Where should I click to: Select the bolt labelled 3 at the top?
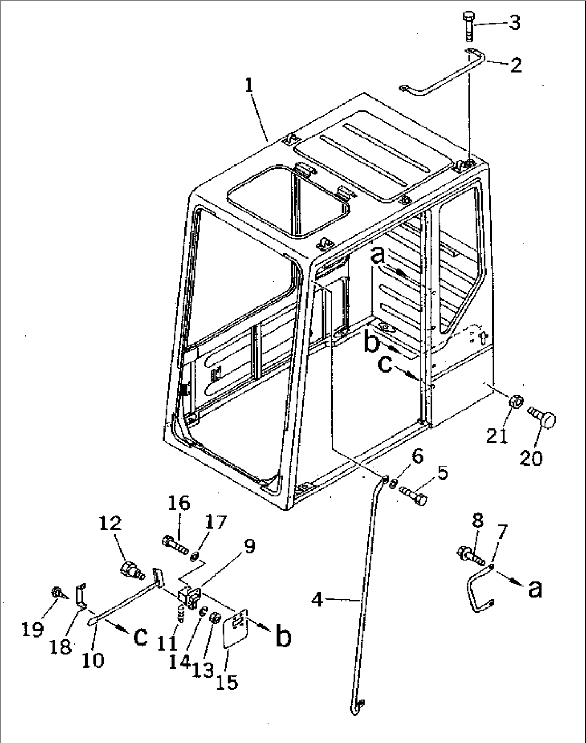(468, 27)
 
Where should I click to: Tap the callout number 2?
(516, 65)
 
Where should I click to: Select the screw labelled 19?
(56, 593)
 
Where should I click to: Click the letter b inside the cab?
(373, 345)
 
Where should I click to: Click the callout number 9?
(249, 546)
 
